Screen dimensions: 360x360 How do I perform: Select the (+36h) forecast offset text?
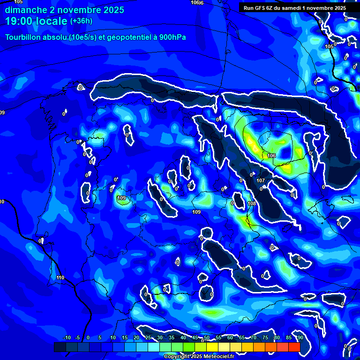pos(81,21)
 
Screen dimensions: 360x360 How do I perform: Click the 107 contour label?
pos(261,180)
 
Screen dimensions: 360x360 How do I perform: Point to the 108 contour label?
pos(252,203)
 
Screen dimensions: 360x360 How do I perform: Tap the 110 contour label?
pos(60,278)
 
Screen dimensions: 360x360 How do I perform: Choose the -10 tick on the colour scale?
pos(67,337)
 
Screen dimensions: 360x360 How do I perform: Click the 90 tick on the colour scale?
pos(300,337)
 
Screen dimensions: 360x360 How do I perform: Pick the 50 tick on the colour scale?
pos(207,337)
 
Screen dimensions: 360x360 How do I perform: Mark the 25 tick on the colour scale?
pos(148,337)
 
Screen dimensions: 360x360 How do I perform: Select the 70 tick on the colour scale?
pos(254,337)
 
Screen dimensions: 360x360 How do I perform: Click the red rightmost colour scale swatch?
pos(294,347)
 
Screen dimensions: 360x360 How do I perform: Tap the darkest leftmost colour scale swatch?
pos(60,347)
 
